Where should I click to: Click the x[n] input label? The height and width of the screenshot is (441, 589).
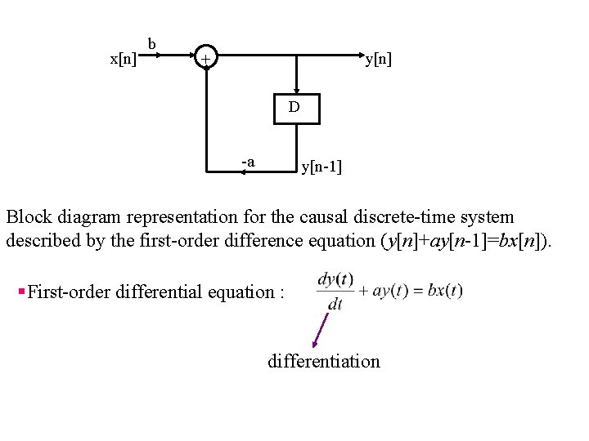point(124,60)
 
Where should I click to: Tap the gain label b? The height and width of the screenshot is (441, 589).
point(152,43)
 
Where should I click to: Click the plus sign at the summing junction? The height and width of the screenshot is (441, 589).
point(207,59)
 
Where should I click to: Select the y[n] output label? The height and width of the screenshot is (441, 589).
point(378,59)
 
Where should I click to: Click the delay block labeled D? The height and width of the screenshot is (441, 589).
point(295,107)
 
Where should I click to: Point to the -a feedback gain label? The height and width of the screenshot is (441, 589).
point(248,162)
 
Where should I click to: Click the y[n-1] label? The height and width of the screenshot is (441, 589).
point(321,167)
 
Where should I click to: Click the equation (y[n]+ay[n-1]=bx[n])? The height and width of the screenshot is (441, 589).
point(469,241)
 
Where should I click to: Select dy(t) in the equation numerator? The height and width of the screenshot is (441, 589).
point(335,280)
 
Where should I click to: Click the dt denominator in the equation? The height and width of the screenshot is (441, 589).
point(335,304)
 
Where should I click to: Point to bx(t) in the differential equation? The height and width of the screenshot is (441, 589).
point(445,291)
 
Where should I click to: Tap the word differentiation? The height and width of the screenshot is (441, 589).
point(324,361)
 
